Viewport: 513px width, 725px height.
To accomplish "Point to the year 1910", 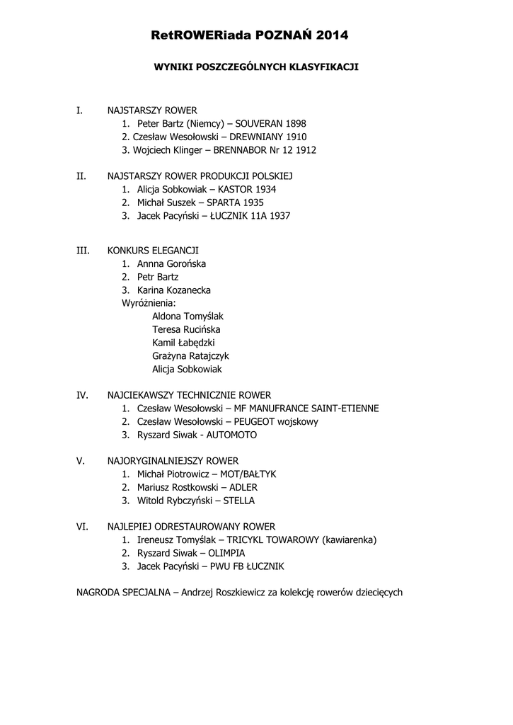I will coord(296,137).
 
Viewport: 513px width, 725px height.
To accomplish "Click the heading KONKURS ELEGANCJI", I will coord(153,251).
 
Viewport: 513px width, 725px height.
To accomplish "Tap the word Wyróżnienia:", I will coord(149,303).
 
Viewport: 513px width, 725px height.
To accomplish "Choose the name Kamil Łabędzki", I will coord(183,343).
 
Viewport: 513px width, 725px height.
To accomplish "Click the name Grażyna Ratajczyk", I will coord(190,356).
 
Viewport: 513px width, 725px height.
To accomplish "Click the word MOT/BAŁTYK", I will coord(248,474).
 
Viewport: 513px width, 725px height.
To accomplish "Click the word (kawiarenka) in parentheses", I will coord(349,540).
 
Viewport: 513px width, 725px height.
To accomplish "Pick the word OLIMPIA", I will coord(227,553).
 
